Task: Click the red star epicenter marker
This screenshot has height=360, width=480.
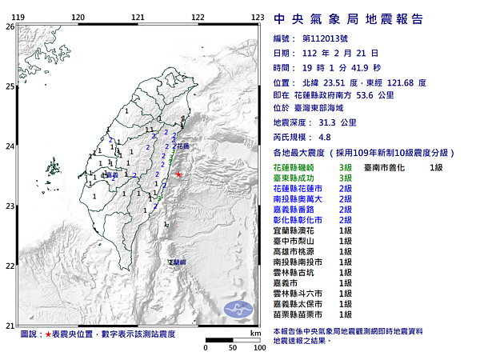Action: (x=179, y=175)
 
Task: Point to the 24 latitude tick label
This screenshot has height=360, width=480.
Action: (x=9, y=146)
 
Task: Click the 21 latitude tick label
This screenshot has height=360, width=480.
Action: (x=9, y=326)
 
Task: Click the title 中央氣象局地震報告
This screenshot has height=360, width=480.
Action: (x=348, y=19)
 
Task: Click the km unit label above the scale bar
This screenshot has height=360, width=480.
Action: (x=255, y=332)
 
